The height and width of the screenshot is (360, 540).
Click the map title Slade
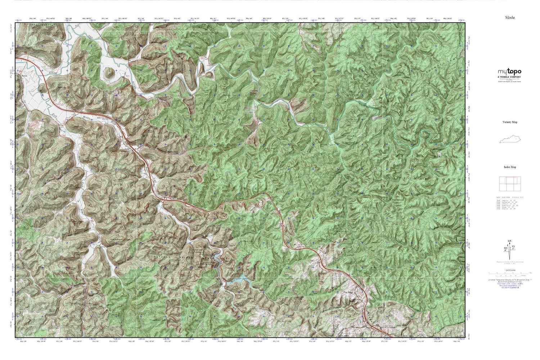coord(510,17)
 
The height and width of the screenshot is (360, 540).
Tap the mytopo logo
coord(509,71)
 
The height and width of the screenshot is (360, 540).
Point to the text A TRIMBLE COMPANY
coord(509,77)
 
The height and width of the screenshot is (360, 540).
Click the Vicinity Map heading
coord(510,122)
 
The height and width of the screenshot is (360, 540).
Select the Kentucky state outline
coord(510,139)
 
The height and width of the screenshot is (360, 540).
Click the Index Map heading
coord(510,167)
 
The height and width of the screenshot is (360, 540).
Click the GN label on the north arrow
coord(509,241)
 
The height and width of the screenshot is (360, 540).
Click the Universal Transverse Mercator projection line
coord(510,280)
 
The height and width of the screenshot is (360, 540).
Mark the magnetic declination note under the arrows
coord(510,262)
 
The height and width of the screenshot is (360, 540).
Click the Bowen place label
coord(24,76)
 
